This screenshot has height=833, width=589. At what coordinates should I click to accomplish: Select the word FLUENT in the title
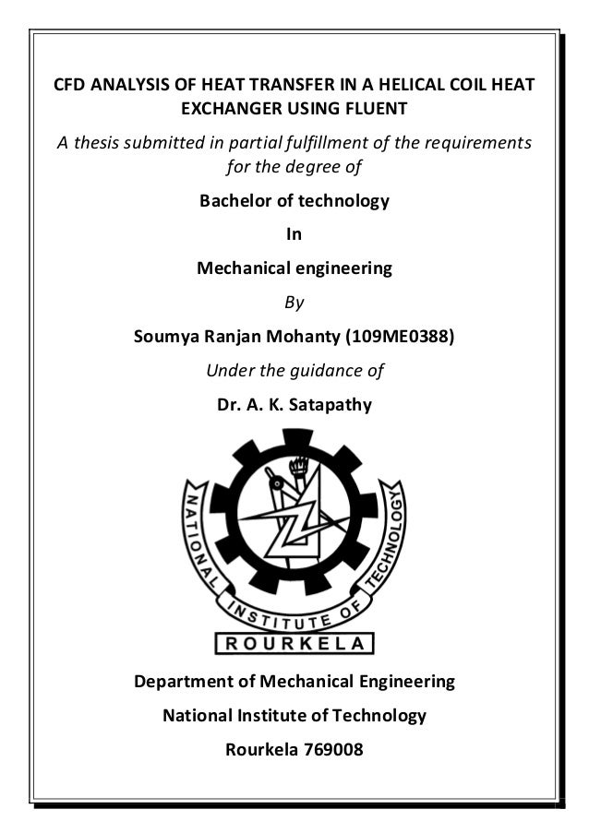375,110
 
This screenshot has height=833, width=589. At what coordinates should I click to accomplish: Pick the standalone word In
294,234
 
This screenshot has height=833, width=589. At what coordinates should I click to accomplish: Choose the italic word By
294,302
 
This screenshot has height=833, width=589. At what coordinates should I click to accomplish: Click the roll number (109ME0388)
399,337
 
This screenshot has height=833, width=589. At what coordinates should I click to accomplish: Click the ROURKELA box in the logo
294,643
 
